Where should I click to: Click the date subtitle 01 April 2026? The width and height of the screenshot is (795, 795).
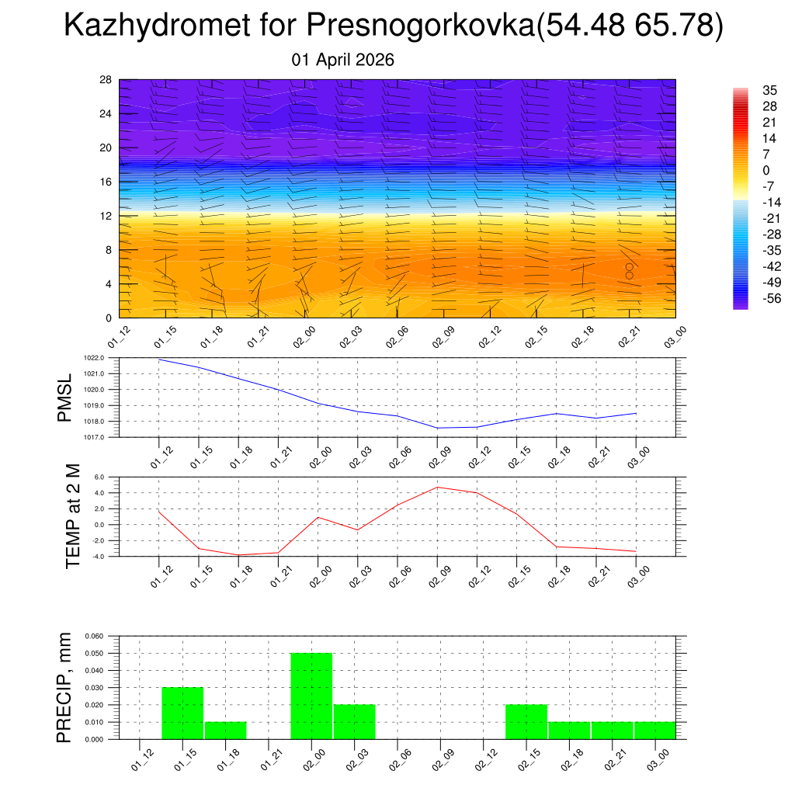click(x=343, y=60)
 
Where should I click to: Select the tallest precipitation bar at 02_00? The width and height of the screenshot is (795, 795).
click(x=311, y=696)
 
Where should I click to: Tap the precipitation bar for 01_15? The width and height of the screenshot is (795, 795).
click(x=182, y=713)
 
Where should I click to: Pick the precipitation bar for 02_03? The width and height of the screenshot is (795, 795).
click(x=355, y=721)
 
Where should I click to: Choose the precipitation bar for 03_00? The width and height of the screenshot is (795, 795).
click(x=654, y=730)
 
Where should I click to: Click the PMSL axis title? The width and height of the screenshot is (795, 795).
click(x=64, y=397)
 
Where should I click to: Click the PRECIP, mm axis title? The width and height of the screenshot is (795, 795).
click(x=64, y=687)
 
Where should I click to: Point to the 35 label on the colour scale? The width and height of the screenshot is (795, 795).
click(x=770, y=91)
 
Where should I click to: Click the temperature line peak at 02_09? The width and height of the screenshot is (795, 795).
click(x=437, y=487)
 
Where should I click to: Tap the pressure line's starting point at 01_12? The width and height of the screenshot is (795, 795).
click(x=159, y=359)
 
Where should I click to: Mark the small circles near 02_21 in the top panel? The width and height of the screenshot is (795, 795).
click(x=629, y=271)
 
